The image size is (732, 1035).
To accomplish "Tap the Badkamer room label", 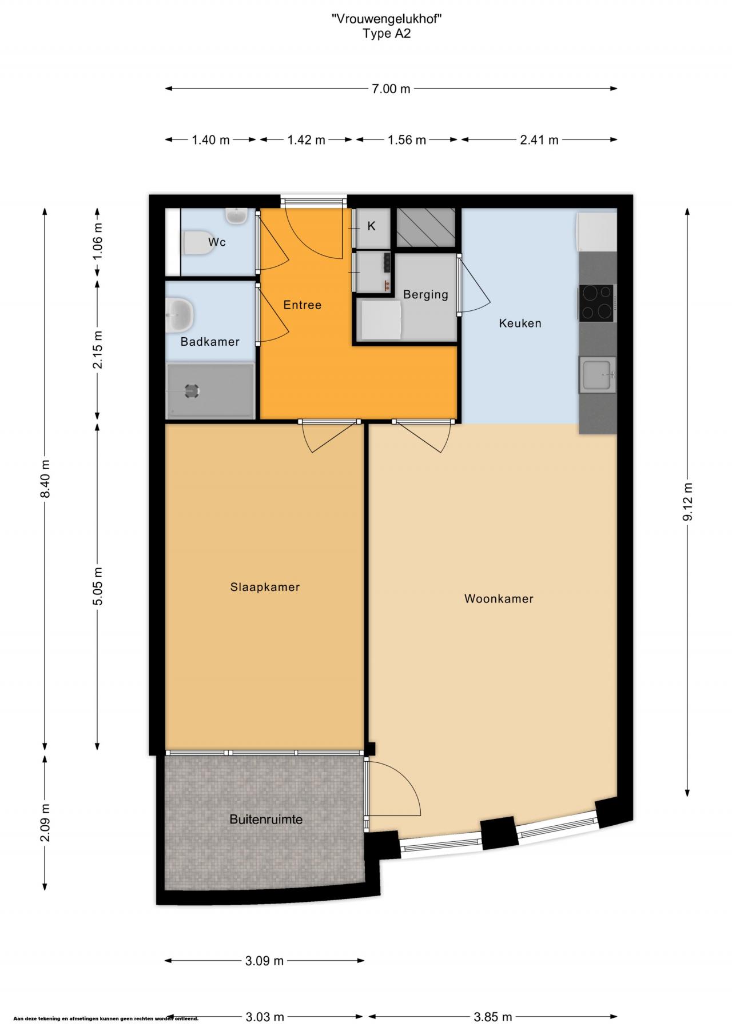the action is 210,342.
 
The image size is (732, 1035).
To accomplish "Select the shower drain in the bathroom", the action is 192,391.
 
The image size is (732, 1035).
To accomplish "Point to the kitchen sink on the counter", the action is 598,374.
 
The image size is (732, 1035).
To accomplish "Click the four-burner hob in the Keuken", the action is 597,302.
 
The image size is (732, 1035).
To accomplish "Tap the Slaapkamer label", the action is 265,587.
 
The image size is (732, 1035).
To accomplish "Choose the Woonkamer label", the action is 499,599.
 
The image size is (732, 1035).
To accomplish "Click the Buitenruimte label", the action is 266,820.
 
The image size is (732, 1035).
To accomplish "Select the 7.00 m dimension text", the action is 391,89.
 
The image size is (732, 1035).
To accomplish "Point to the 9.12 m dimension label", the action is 688,501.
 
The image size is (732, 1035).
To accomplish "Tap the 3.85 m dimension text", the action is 493,1016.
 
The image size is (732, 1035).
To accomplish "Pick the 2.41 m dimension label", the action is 539,140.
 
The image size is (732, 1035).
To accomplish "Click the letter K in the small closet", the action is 371,226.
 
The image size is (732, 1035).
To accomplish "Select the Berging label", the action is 425,295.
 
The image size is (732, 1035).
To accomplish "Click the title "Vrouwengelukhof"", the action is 387,19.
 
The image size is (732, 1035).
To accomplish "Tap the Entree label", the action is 303,305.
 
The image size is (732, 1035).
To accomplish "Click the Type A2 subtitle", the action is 387,34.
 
